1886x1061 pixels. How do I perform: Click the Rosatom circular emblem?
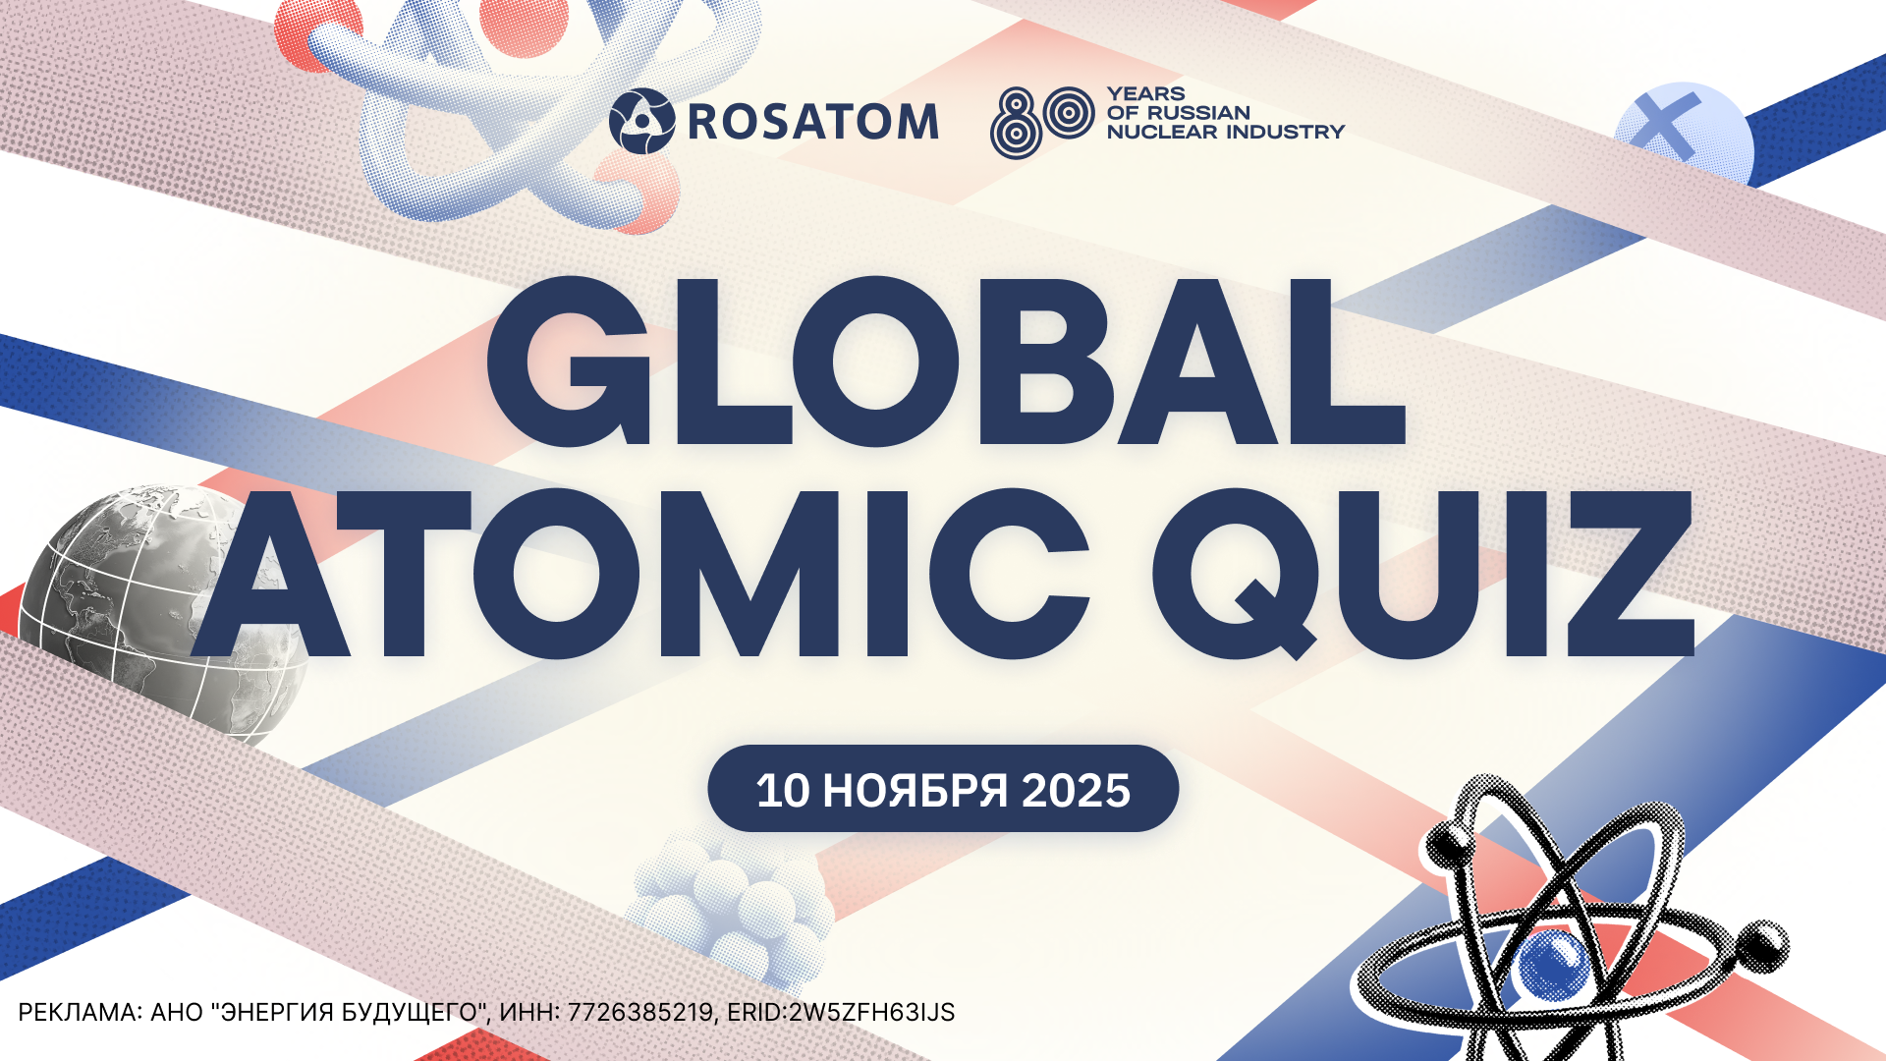click(641, 121)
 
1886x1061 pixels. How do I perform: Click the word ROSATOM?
click(813, 122)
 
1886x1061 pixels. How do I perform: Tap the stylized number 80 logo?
click(1042, 123)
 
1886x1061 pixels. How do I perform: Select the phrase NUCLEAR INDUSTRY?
click(1225, 132)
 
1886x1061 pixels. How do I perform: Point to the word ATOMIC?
click(640, 574)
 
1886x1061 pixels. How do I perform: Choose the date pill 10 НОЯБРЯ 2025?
click(943, 789)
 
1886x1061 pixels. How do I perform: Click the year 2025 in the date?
click(1077, 791)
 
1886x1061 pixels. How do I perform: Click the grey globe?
click(162, 609)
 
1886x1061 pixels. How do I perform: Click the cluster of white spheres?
click(732, 909)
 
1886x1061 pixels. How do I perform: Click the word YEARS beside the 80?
click(1146, 94)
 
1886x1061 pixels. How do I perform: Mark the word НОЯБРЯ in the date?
click(915, 791)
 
